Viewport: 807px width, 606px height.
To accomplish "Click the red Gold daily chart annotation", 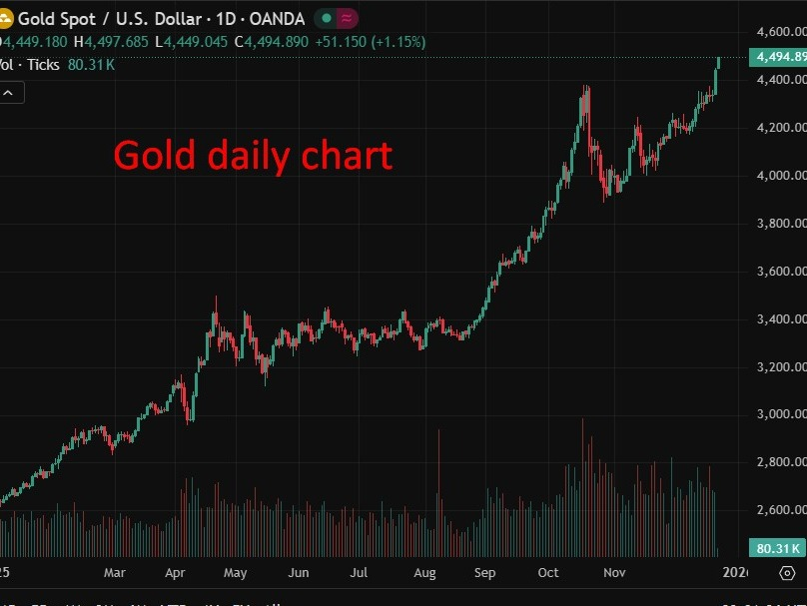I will coord(253,155).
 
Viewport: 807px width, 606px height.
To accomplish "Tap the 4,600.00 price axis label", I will coord(778,32).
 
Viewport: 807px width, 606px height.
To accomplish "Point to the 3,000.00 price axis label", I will coord(778,414).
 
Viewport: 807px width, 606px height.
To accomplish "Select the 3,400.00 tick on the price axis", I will coord(778,318).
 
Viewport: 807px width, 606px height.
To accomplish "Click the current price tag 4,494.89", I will coord(778,57).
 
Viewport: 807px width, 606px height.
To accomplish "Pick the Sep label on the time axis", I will coord(485,572).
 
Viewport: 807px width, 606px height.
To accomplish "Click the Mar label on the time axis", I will coord(114,572).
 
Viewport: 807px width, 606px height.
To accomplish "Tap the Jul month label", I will coord(360,572).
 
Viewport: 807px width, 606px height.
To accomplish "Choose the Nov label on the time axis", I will coord(615,572).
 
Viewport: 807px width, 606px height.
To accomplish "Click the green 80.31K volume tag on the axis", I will coord(778,548).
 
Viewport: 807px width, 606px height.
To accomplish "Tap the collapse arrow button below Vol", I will coord(8,93).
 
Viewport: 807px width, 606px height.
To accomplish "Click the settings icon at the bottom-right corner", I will coord(786,573).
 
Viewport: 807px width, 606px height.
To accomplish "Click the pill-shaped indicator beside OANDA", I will coord(337,18).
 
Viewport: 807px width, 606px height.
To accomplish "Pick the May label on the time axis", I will coord(236,572).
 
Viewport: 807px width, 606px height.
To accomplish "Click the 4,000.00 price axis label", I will coord(778,176).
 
